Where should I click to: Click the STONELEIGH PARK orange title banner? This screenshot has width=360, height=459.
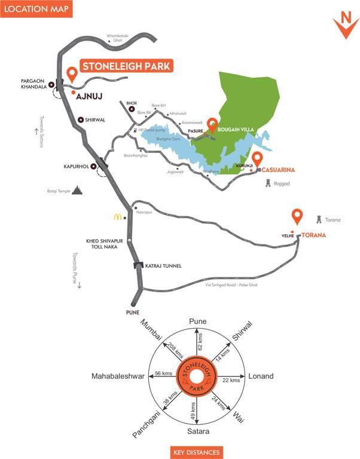point(127,66)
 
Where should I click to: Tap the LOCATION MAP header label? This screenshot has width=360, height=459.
point(36,9)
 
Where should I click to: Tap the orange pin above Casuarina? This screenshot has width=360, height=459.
point(258,160)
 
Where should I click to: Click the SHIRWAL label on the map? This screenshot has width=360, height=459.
point(96,120)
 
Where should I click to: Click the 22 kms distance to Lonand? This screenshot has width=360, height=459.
point(231,380)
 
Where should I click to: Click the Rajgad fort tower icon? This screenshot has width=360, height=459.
point(268,181)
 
